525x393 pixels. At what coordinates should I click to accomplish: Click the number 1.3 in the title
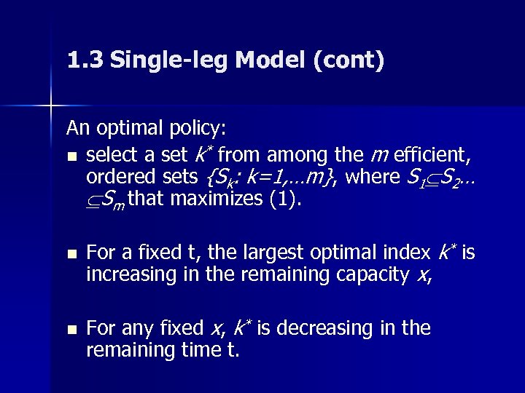pyautogui.click(x=82, y=60)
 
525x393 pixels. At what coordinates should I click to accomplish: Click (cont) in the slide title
pyautogui.click(x=348, y=60)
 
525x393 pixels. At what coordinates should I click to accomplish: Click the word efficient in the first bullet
pyautogui.click(x=430, y=155)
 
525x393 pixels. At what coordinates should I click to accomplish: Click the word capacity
pyautogui.click(x=365, y=275)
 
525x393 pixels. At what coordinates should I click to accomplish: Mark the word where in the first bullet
pyautogui.click(x=371, y=177)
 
